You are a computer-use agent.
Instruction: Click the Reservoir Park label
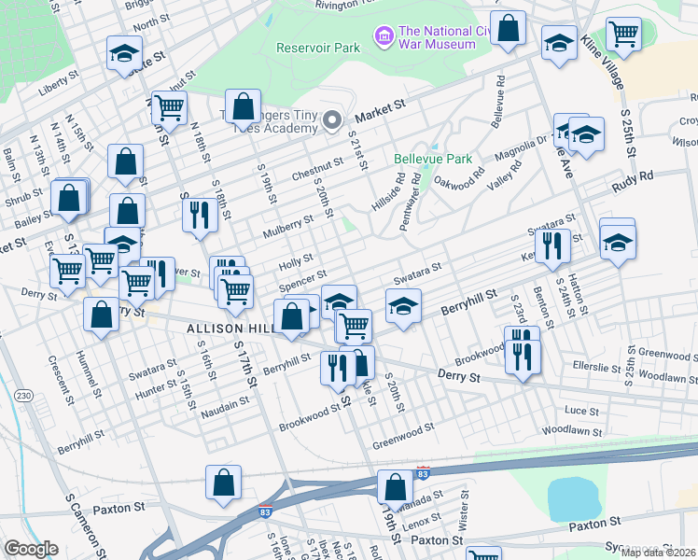point(318,48)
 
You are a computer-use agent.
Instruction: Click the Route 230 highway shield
point(22,396)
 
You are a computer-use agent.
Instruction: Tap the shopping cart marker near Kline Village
point(623,35)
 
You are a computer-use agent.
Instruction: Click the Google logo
point(31,549)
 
